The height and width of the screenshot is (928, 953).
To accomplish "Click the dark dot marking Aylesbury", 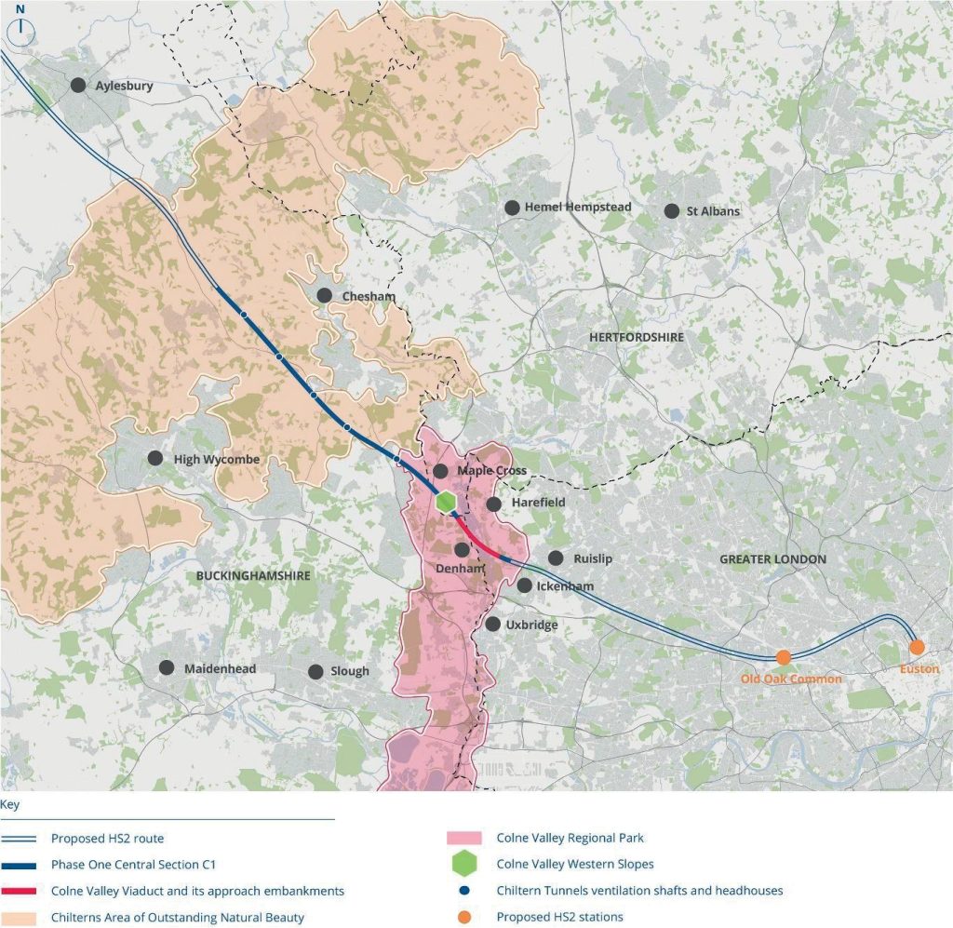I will point(79,85).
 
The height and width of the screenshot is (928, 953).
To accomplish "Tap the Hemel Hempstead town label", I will point(577,208).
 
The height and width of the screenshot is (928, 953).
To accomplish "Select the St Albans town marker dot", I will point(672,210).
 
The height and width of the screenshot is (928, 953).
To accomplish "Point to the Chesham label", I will point(369,297).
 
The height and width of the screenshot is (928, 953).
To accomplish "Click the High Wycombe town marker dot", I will point(154,459).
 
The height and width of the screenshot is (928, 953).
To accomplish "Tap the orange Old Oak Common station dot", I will point(784,657).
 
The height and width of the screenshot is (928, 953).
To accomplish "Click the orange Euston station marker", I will point(917,647).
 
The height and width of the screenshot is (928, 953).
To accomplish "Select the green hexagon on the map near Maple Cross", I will point(447,501).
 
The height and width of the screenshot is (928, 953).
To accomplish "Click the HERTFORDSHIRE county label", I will point(636,337).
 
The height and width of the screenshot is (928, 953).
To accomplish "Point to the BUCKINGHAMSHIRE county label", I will point(253,576).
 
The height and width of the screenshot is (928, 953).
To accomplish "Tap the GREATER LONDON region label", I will point(772,559).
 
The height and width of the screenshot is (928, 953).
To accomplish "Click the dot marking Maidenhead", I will point(167,667).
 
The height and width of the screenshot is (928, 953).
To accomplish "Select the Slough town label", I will point(350,671).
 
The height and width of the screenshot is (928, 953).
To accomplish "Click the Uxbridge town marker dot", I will point(492,624).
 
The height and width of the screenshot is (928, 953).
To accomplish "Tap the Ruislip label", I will point(593,558).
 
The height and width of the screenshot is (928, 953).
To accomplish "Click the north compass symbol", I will point(20,28).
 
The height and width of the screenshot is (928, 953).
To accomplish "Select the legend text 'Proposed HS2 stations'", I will point(559,918).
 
